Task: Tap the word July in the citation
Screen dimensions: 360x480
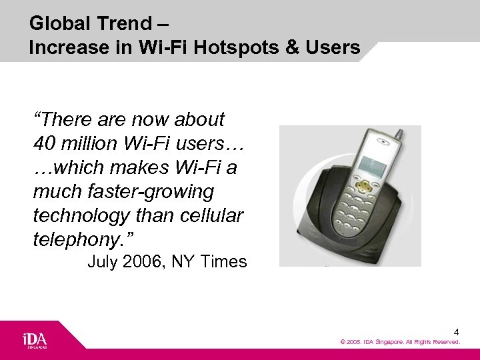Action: tap(102, 262)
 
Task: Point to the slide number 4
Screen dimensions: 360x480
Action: tap(456, 331)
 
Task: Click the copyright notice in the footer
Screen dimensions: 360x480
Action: tap(400, 342)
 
